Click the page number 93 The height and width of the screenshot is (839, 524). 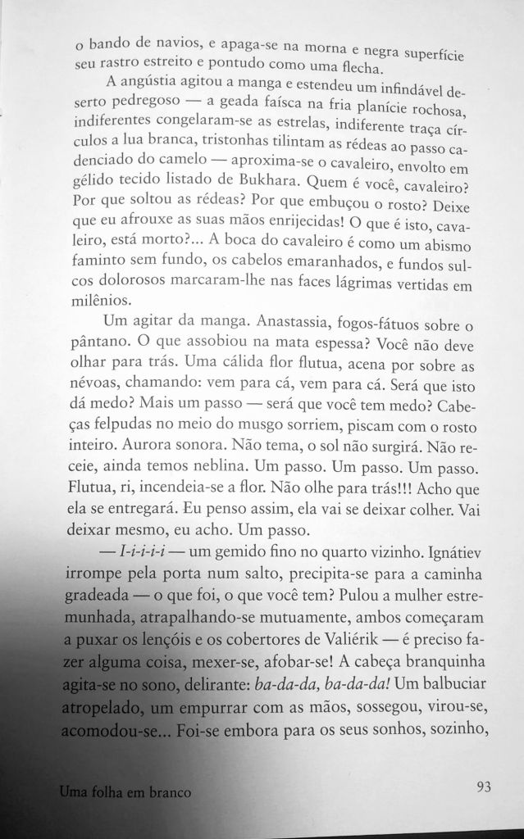[483, 787]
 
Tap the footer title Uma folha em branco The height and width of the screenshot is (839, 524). [125, 792]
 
